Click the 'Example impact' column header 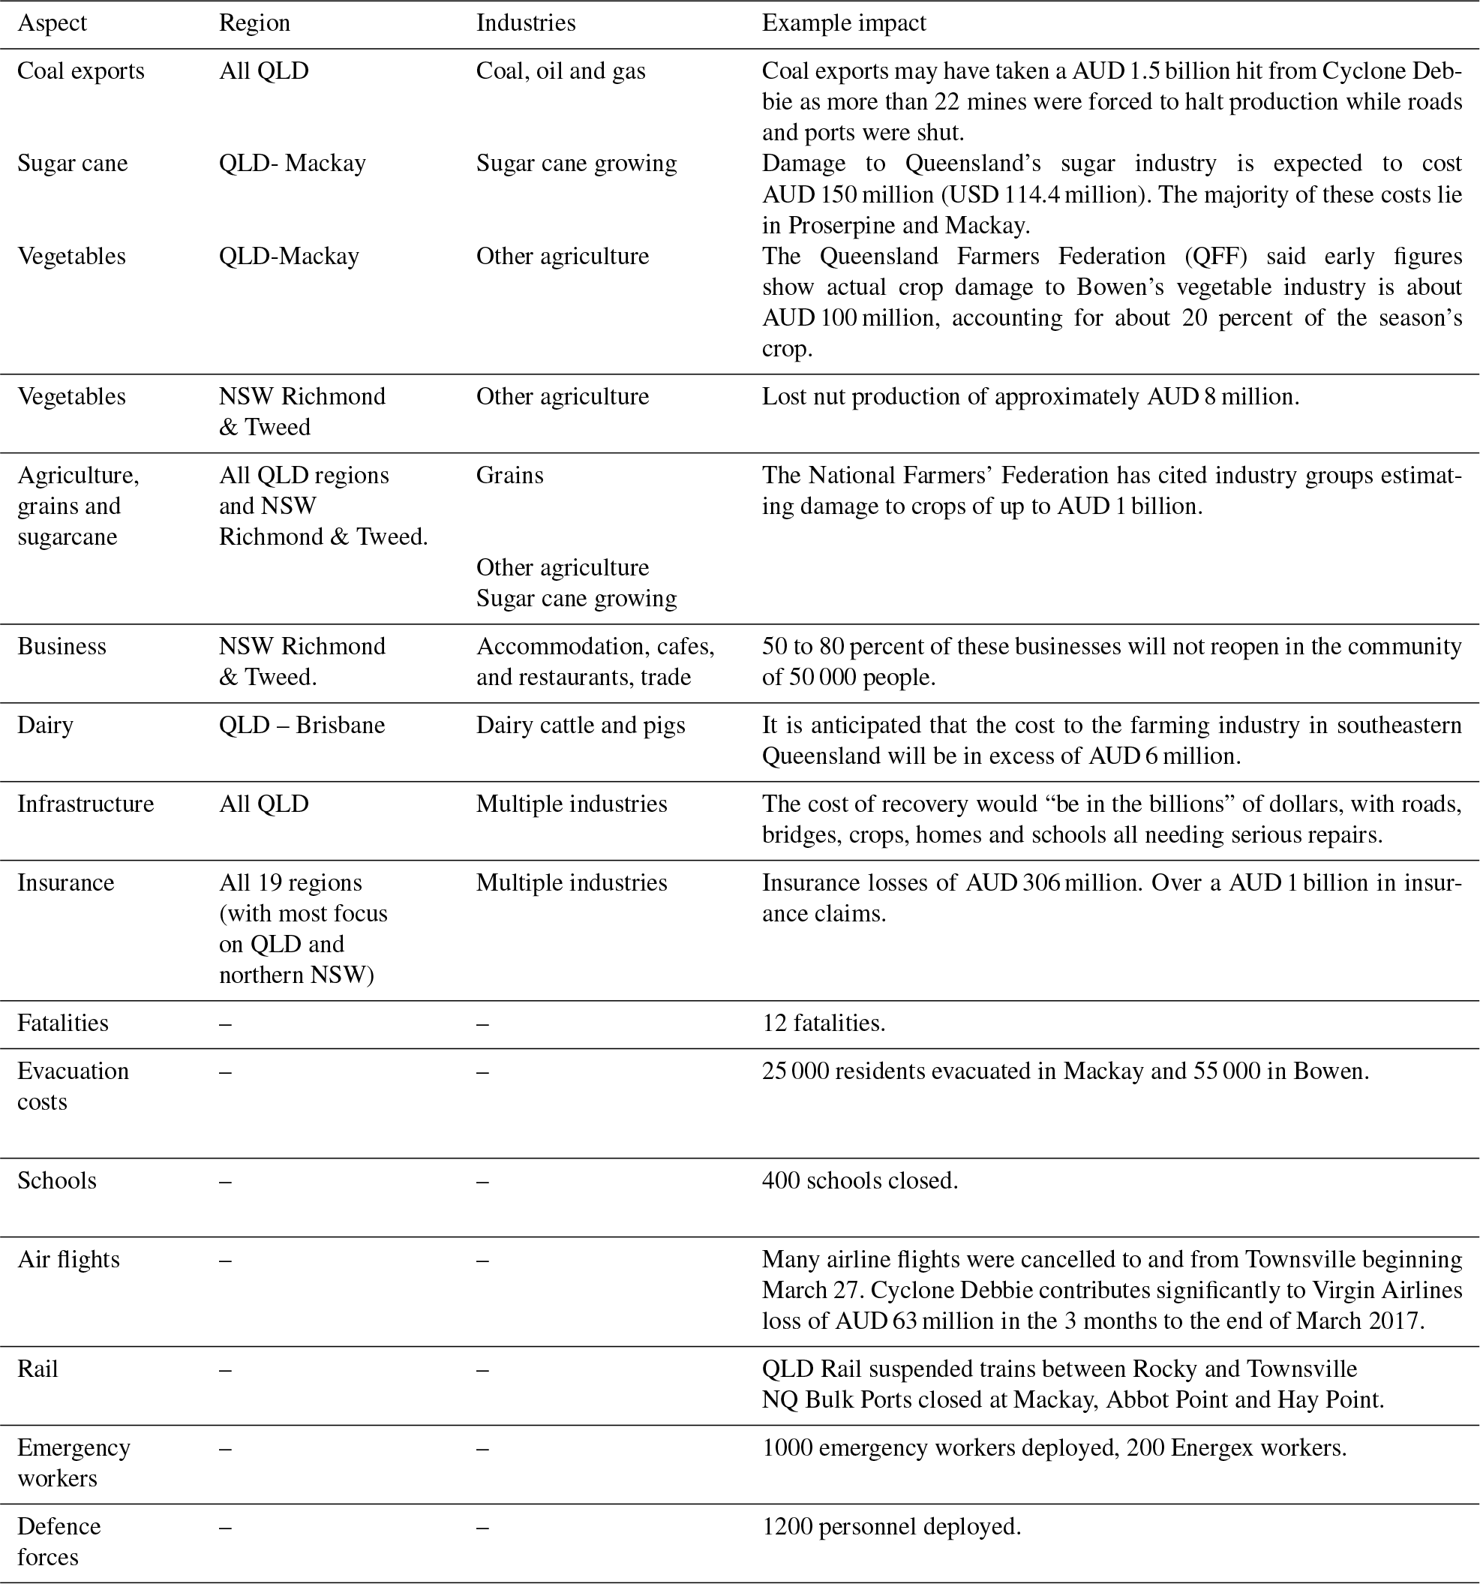pos(844,23)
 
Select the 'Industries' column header pos(526,23)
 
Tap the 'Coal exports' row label pos(80,71)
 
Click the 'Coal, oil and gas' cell pos(561,71)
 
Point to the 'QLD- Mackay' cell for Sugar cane pos(293,164)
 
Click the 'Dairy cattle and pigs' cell pos(581,725)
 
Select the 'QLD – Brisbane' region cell pos(302,725)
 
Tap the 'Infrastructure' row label pos(86,804)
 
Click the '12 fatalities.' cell pos(824,1023)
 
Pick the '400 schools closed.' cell pos(860,1180)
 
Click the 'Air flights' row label pos(68,1260)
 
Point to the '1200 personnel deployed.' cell pos(891,1527)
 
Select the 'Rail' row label pos(38,1369)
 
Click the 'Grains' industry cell pos(510,476)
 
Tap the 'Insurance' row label pos(65,883)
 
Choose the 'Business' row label pos(62,646)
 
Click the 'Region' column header pos(254,23)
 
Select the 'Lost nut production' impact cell pos(1030,397)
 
